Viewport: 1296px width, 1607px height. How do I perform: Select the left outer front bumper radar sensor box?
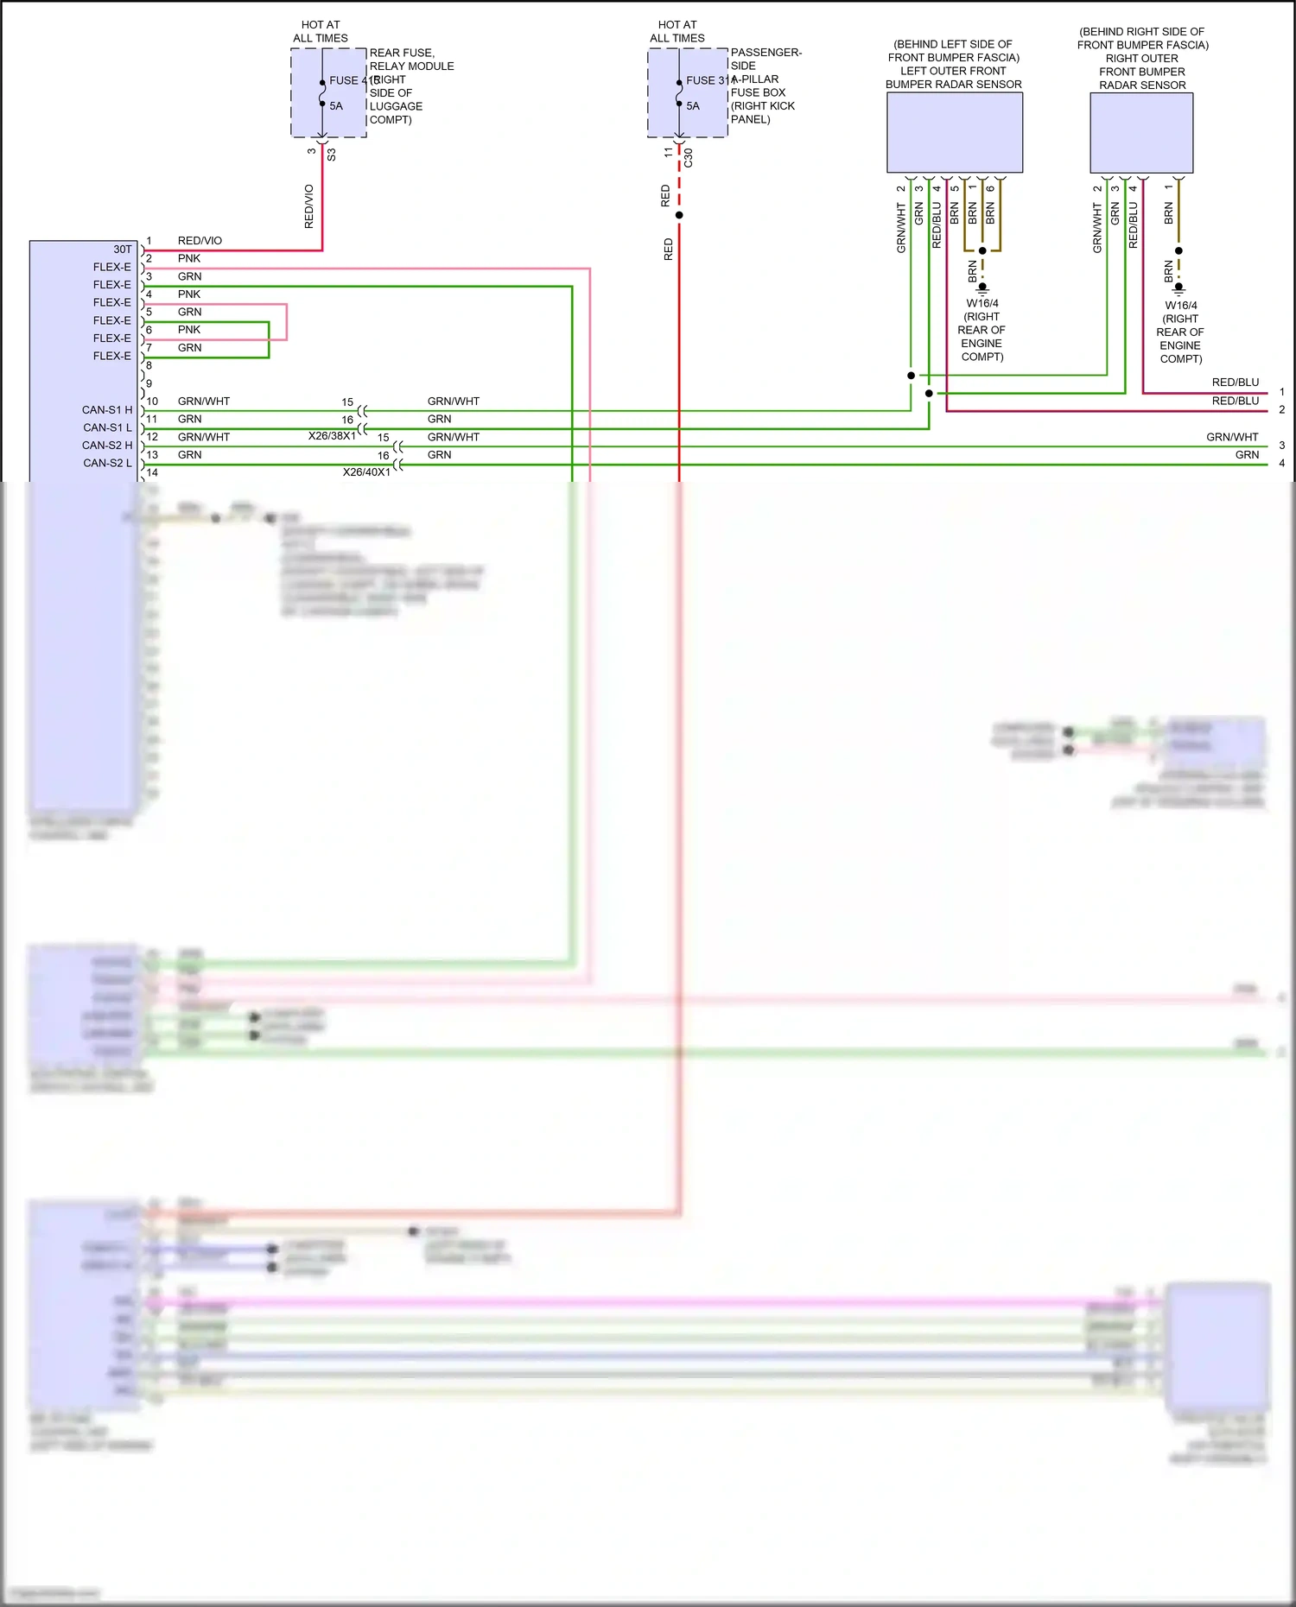click(955, 132)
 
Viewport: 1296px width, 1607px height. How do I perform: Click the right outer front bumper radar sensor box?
click(1141, 132)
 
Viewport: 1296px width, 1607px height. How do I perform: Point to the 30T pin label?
click(123, 249)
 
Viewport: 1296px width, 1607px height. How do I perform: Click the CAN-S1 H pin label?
click(107, 410)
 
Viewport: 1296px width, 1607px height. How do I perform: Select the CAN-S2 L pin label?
click(107, 464)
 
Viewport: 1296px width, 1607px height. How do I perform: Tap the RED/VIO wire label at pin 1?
click(200, 241)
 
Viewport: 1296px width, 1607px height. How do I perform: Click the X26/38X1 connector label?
click(332, 436)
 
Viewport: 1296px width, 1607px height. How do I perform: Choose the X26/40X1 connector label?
click(366, 472)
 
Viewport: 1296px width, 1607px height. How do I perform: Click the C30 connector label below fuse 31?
click(689, 158)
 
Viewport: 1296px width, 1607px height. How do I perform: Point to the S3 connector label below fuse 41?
click(332, 155)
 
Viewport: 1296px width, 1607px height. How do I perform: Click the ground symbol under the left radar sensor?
click(982, 288)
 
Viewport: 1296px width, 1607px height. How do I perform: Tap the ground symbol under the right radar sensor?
click(1178, 290)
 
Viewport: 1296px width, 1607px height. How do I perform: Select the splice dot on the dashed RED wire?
click(679, 215)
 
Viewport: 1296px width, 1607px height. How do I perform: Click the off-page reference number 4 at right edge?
click(1282, 464)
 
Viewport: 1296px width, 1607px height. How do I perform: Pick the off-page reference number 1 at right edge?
click(1282, 392)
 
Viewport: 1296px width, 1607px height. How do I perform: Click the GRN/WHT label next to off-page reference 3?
click(1232, 437)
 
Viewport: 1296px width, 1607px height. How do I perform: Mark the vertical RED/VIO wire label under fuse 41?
click(309, 206)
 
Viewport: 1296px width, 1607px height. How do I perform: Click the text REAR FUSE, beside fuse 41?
click(402, 53)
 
